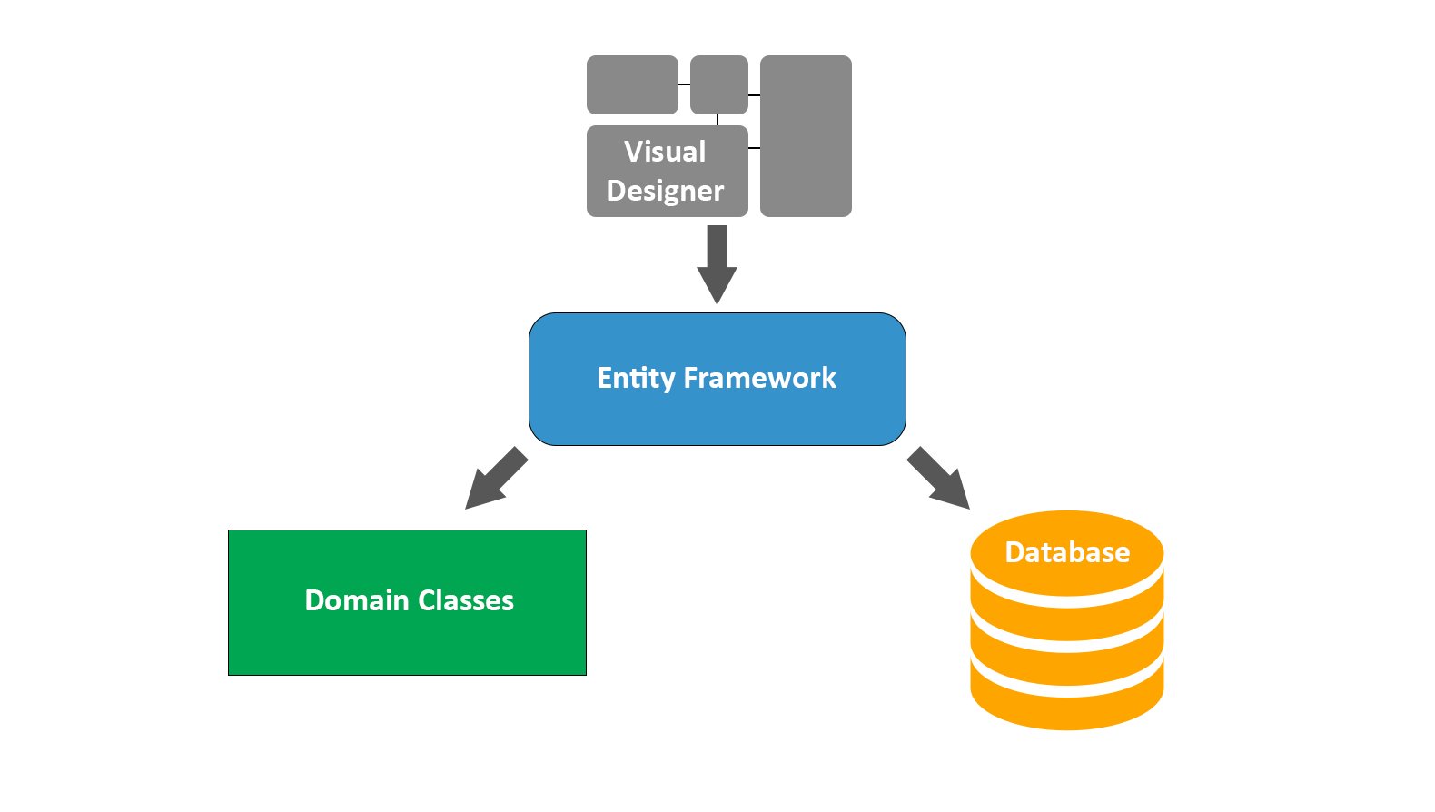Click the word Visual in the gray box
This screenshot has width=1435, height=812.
pos(665,152)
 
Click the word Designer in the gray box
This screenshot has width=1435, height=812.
pos(665,191)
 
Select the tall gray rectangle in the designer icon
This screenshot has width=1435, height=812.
pos(806,136)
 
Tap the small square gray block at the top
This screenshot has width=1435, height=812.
pos(718,84)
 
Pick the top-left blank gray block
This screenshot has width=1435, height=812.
pos(632,84)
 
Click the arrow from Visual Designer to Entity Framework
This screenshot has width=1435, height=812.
pos(717,263)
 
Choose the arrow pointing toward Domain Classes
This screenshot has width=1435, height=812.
pos(495,479)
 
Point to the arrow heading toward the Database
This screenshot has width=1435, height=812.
pos(939,479)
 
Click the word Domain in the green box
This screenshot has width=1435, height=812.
pos(356,600)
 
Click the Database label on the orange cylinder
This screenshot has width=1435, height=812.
pos(1067,552)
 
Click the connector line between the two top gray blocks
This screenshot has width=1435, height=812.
pos(684,84)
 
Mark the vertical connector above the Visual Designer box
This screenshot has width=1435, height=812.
pos(717,120)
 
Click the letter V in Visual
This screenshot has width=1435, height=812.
pos(633,152)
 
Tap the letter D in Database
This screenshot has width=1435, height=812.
pos(1014,552)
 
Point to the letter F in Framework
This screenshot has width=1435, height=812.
pos(690,378)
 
